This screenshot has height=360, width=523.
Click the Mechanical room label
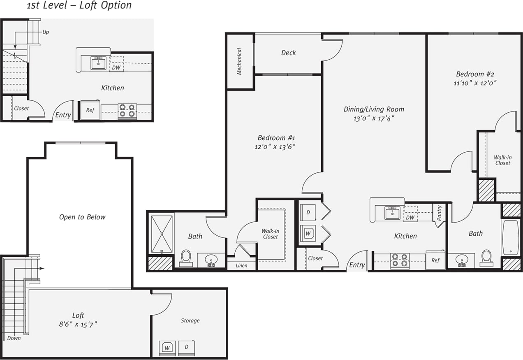point(239,61)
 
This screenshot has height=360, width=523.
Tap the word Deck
point(288,53)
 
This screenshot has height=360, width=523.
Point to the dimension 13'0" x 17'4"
point(374,118)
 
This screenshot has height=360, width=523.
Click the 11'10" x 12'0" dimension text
point(475,83)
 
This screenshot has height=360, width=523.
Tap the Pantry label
point(439,213)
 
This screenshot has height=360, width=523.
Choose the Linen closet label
point(241,266)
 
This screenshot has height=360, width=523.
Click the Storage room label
point(190,321)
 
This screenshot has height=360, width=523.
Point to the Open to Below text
point(82,217)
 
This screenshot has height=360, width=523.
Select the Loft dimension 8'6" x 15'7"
point(78,324)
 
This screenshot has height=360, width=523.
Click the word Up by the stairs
point(45,32)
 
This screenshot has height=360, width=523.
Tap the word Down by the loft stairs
point(14,338)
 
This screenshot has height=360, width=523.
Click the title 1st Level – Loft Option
point(79,6)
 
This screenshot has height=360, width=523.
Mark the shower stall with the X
point(162,233)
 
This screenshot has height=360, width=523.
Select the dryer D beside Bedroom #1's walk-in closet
point(308,212)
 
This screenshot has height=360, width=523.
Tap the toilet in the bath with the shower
point(186,258)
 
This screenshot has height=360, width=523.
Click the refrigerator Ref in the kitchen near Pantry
point(435,260)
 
